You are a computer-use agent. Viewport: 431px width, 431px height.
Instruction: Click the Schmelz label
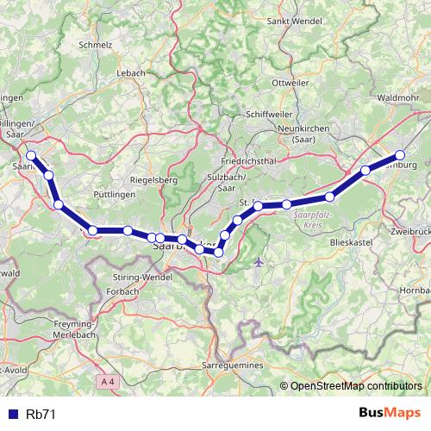(96, 42)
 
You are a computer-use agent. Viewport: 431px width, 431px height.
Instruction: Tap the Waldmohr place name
(399, 98)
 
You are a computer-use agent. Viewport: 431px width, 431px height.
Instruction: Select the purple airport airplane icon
(260, 262)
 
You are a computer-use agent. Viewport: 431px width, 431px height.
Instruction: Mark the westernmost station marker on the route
(31, 156)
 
